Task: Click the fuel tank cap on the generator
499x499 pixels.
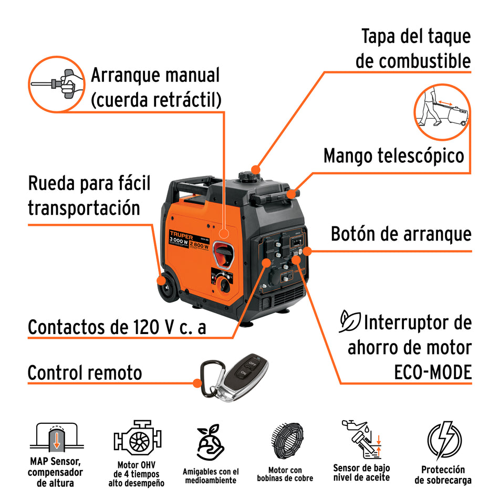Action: [x=247, y=177]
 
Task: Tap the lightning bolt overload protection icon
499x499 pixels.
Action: [x=443, y=440]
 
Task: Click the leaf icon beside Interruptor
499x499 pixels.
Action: [x=349, y=321]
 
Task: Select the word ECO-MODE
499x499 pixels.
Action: [x=432, y=372]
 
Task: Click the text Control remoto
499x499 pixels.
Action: [x=85, y=373]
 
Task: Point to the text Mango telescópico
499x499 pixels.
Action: [x=393, y=156]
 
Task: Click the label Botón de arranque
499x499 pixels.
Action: [x=401, y=234]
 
